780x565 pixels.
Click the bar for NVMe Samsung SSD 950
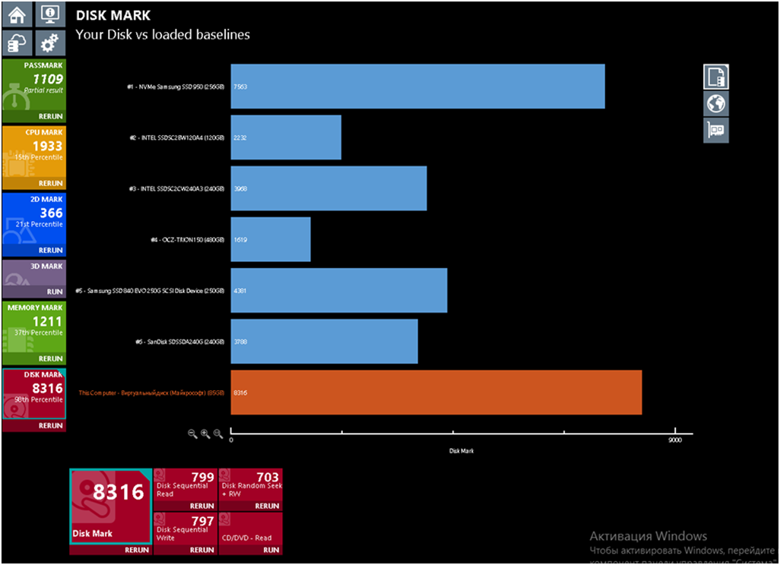click(x=417, y=87)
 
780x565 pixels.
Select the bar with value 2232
click(x=286, y=137)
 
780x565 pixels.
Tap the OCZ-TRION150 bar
click(x=271, y=239)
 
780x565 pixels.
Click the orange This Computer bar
click(x=436, y=393)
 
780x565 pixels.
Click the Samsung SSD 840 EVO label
click(x=151, y=291)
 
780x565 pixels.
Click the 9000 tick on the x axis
click(x=675, y=440)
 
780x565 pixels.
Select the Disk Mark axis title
click(x=461, y=451)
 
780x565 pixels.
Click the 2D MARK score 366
click(x=51, y=213)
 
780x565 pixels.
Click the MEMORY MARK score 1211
click(x=46, y=322)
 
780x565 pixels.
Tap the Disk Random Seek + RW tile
click(x=250, y=489)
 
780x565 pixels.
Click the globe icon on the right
click(x=716, y=103)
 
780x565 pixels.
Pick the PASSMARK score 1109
click(x=47, y=79)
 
